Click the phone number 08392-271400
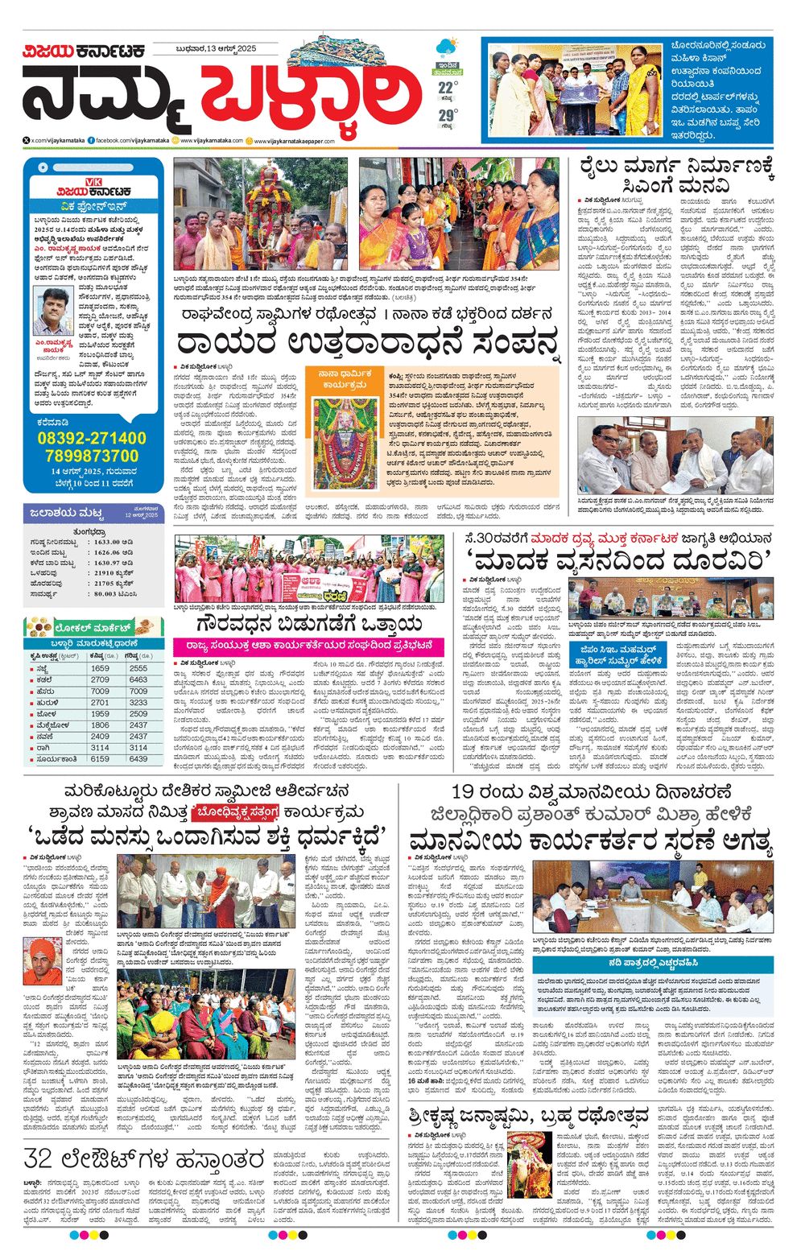click(92, 439)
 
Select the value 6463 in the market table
click(138, 679)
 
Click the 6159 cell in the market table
click(100, 758)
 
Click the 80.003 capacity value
click(105, 593)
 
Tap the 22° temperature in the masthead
click(448, 86)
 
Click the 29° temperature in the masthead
click(448, 116)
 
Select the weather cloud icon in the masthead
click(445, 47)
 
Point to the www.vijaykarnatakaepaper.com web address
click(294, 141)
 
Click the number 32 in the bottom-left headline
click(39, 1158)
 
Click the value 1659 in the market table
click(100, 668)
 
